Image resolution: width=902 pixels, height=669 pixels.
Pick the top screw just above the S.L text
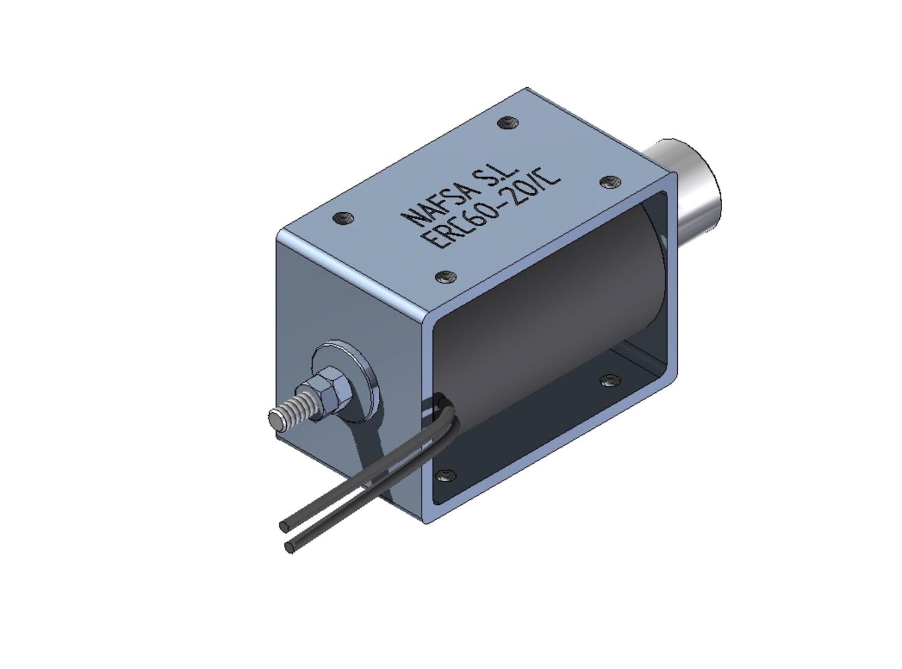tap(508, 123)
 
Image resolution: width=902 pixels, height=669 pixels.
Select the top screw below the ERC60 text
tap(446, 277)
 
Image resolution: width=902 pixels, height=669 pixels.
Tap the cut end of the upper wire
tap(284, 526)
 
